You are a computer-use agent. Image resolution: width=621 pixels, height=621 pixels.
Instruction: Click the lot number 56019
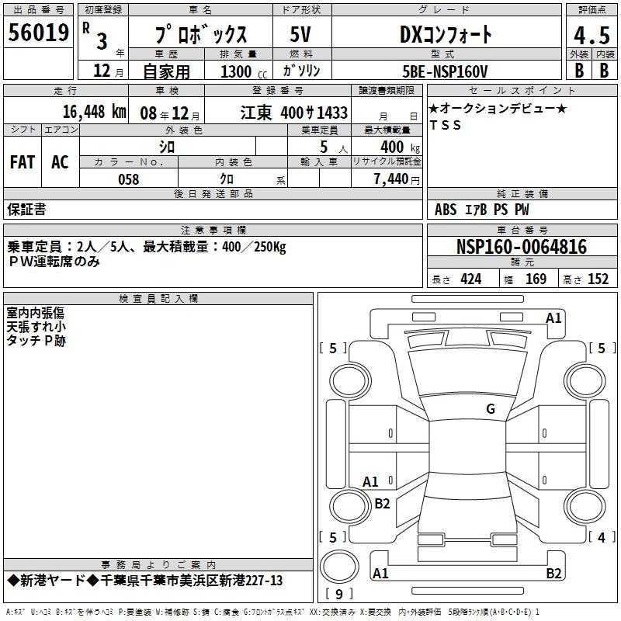38,33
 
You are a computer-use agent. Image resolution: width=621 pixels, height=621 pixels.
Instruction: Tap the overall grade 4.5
592,35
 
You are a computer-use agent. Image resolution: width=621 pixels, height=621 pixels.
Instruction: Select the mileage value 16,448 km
94,112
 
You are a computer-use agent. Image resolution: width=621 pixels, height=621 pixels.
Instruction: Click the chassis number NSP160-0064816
521,246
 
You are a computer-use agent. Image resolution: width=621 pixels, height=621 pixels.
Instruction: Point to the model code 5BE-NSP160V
445,71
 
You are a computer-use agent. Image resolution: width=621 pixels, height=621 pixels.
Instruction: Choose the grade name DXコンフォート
446,35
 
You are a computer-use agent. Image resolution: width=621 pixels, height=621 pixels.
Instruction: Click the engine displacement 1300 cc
244,71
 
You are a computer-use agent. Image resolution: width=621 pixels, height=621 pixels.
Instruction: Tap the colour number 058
129,179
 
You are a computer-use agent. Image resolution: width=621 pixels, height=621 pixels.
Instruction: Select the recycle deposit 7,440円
397,179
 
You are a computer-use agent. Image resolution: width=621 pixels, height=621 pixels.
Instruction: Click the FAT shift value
23,162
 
